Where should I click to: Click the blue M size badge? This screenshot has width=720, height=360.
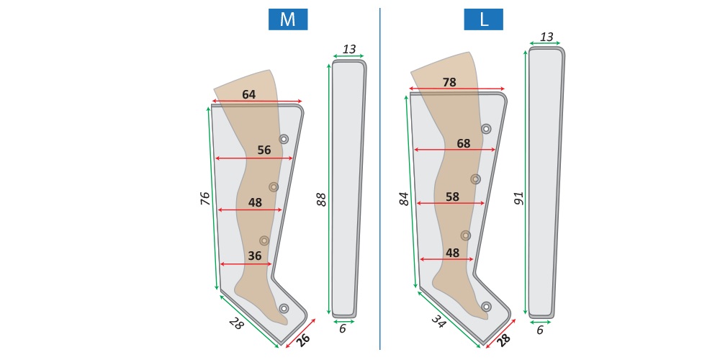288,19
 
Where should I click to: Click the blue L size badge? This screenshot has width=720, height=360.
483,19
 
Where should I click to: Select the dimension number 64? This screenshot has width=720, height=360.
249,94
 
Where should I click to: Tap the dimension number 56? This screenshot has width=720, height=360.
264,150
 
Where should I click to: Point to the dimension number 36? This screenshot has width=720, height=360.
254,256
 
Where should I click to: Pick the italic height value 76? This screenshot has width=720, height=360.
205,199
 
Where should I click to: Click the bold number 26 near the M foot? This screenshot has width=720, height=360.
304,341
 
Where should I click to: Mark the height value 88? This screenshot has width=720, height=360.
322,199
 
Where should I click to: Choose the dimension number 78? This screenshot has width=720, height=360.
449,82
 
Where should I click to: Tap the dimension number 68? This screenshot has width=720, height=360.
463,144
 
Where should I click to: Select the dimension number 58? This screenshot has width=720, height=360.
452,197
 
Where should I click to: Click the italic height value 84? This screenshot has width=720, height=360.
404,199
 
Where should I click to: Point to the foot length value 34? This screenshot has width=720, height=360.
438,320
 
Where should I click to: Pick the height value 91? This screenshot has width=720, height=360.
519,199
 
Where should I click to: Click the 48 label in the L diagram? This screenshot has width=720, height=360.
452,253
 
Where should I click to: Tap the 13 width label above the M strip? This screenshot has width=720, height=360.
349,49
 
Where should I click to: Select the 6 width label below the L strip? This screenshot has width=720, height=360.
540,330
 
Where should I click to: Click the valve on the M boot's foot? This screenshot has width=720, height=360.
284,308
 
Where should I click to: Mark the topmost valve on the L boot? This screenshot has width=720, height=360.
486,129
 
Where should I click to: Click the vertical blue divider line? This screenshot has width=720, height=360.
379,179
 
